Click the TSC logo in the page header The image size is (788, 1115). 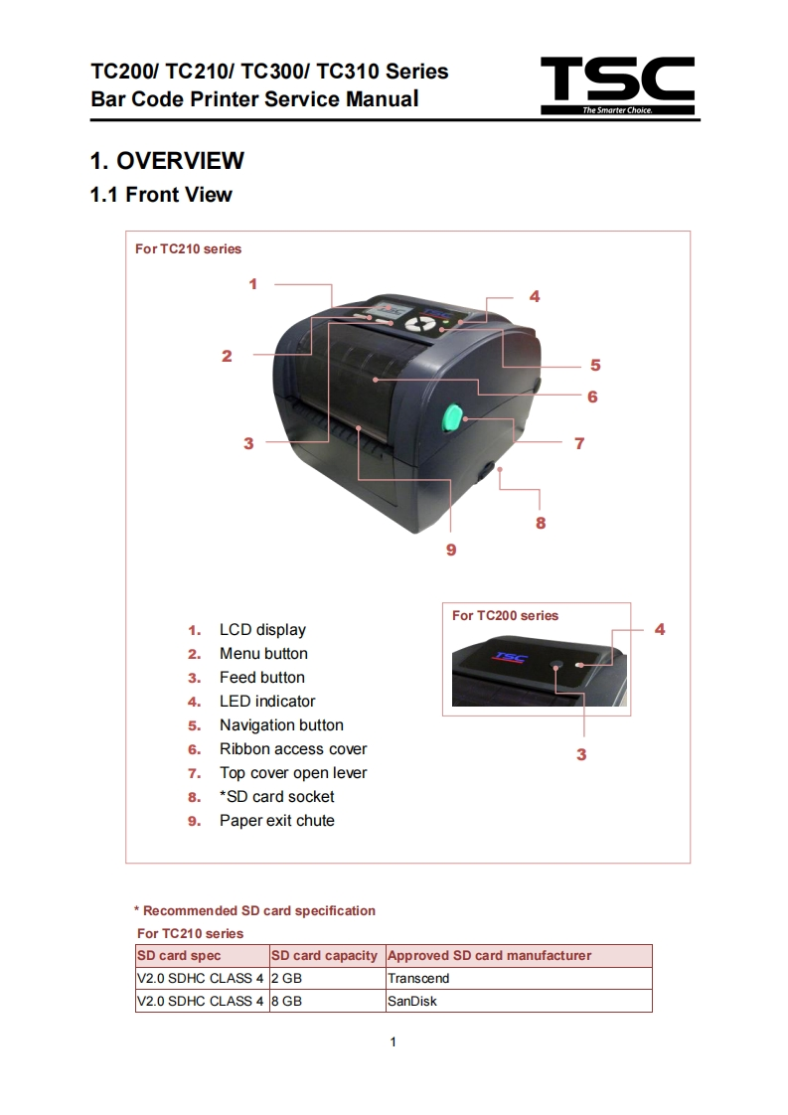pos(617,85)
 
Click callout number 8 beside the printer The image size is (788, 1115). pos(541,523)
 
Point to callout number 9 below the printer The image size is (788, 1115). pos(451,550)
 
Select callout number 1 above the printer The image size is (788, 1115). pos(253,284)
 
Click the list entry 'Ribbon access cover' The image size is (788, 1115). pos(293,749)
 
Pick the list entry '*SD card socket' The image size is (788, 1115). pos(276,797)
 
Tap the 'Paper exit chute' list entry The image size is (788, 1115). pos(276,821)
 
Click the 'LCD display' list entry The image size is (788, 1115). pos(262,630)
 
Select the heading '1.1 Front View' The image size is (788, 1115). pos(161,195)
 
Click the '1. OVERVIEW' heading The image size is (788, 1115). pos(167,161)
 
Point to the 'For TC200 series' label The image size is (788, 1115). pos(505,616)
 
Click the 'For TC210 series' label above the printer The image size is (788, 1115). pos(188,248)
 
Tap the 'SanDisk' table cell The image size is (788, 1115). pos(412,1002)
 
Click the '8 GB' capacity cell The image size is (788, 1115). pos(286,1002)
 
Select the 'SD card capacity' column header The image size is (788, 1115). pos(325,956)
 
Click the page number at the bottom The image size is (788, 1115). pos(394,1042)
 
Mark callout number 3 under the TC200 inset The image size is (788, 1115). pos(581,754)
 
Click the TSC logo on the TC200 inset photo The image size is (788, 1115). pos(511,657)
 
